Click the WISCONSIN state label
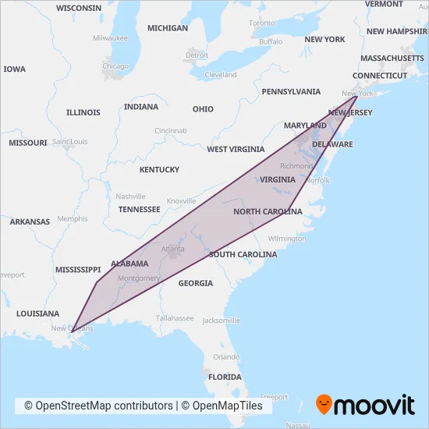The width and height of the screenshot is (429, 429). tap(79, 8)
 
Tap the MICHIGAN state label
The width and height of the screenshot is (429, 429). tap(168, 28)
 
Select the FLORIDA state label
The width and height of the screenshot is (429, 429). tap(225, 377)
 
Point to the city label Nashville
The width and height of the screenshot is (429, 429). tap(130, 197)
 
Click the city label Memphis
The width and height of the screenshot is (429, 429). tap(73, 219)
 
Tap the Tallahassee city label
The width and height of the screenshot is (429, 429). tap(173, 318)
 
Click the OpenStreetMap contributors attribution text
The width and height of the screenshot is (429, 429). tap(98, 406)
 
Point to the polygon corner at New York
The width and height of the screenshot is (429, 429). tap(357, 97)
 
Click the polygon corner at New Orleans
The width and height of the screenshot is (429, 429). tap(71, 331)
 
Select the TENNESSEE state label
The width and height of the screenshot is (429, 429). tap(139, 209)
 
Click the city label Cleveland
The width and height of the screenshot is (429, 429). tap(221, 75)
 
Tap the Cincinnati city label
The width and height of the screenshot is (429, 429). tap(170, 130)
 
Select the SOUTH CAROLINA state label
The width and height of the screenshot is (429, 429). tap(243, 255)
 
